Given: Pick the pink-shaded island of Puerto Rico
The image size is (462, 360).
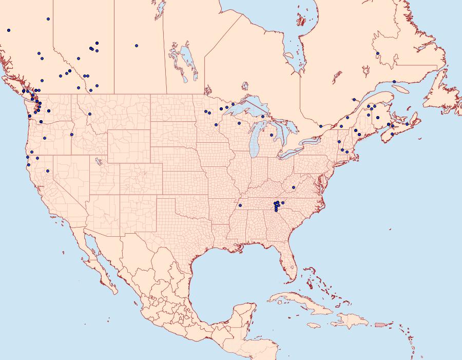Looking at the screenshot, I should pos(380,324).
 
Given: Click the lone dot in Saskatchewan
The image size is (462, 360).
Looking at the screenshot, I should pos(137,45).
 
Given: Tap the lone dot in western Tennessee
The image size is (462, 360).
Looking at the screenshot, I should pos(240,205).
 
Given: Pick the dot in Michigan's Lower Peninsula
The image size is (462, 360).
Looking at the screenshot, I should pos(272,135).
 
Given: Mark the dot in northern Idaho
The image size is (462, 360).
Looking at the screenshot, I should pos(89,114).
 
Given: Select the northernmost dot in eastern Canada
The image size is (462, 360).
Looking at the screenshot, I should pos(377,53).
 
